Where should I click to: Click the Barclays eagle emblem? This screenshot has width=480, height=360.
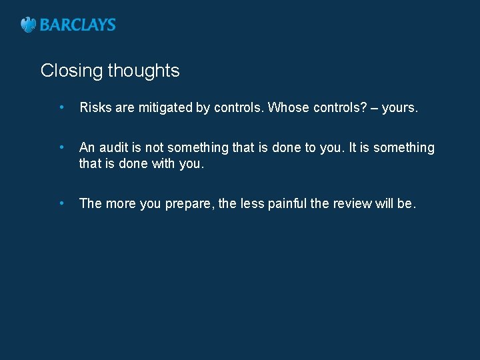pos(28,25)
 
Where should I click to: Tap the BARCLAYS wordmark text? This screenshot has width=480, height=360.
pos(78,25)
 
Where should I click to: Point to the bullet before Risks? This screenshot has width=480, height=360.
pos(61,107)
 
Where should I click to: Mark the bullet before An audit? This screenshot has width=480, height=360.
pos(61,147)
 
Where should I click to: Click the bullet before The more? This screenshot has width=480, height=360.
pos(61,203)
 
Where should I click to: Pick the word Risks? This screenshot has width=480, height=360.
pos(95,108)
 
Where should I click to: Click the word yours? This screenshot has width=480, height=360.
pos(400,108)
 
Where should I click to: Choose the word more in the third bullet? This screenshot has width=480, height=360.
pos(121,204)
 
